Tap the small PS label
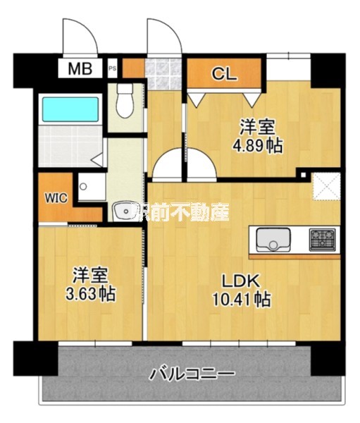point(112,68)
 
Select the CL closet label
point(223,72)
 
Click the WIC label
point(56,198)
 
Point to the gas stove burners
point(323,240)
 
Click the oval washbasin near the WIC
point(125,210)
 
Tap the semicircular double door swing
point(184,166)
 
